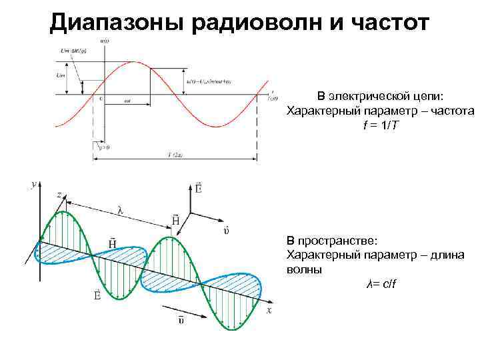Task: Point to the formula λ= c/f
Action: click(382, 285)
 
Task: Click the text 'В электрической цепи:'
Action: click(379, 96)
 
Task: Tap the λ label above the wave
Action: click(120, 210)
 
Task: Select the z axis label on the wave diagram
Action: click(59, 194)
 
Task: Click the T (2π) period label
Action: click(176, 155)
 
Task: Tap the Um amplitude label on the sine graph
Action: click(61, 75)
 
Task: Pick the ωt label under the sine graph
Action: click(127, 101)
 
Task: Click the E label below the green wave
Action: click(98, 294)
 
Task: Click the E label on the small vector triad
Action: click(199, 189)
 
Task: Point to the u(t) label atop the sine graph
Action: click(105, 41)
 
